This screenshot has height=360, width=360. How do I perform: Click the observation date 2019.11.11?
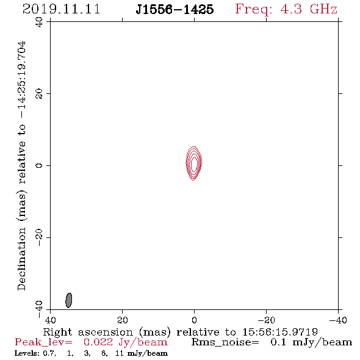[x=61, y=9]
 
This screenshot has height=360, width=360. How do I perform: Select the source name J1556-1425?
[x=175, y=9]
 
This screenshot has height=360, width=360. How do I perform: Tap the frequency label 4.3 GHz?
[x=309, y=9]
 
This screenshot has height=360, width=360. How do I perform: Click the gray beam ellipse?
[x=69, y=300]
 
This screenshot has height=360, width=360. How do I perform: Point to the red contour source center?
[x=194, y=164]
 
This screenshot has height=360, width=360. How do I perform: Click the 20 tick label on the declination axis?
[x=39, y=94]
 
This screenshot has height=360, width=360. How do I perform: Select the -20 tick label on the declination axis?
[x=39, y=237]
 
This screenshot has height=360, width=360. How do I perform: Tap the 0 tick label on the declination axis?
[x=39, y=165]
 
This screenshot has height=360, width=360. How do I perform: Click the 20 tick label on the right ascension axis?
[x=123, y=320]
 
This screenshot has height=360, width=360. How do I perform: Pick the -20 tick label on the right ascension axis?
[x=266, y=320]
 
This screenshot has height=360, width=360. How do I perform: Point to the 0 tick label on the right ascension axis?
[x=194, y=320]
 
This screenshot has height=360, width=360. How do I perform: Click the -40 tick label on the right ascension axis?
[x=338, y=320]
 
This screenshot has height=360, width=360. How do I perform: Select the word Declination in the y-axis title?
[x=21, y=259]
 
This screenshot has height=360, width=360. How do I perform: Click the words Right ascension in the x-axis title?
[x=88, y=332]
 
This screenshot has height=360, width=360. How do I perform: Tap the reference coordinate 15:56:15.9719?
[x=280, y=332]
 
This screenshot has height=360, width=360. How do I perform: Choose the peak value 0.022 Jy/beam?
[x=125, y=342]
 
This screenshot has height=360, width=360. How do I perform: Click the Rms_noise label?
[x=225, y=342]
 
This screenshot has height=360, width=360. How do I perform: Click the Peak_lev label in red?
[x=43, y=342]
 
